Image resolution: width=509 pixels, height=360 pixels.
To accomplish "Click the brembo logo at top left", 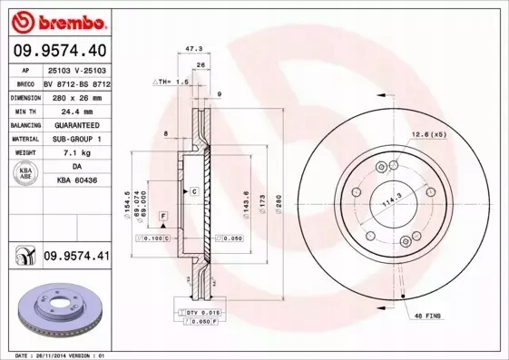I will point(58,19).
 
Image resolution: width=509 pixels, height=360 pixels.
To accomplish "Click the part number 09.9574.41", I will point(76,257).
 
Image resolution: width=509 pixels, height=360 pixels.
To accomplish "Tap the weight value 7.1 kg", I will point(75,153).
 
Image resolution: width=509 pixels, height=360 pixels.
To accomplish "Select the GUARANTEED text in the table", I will point(75,124).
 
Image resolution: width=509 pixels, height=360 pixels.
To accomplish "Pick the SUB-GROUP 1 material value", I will point(75,139).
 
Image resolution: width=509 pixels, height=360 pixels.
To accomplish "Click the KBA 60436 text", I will point(75,181).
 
